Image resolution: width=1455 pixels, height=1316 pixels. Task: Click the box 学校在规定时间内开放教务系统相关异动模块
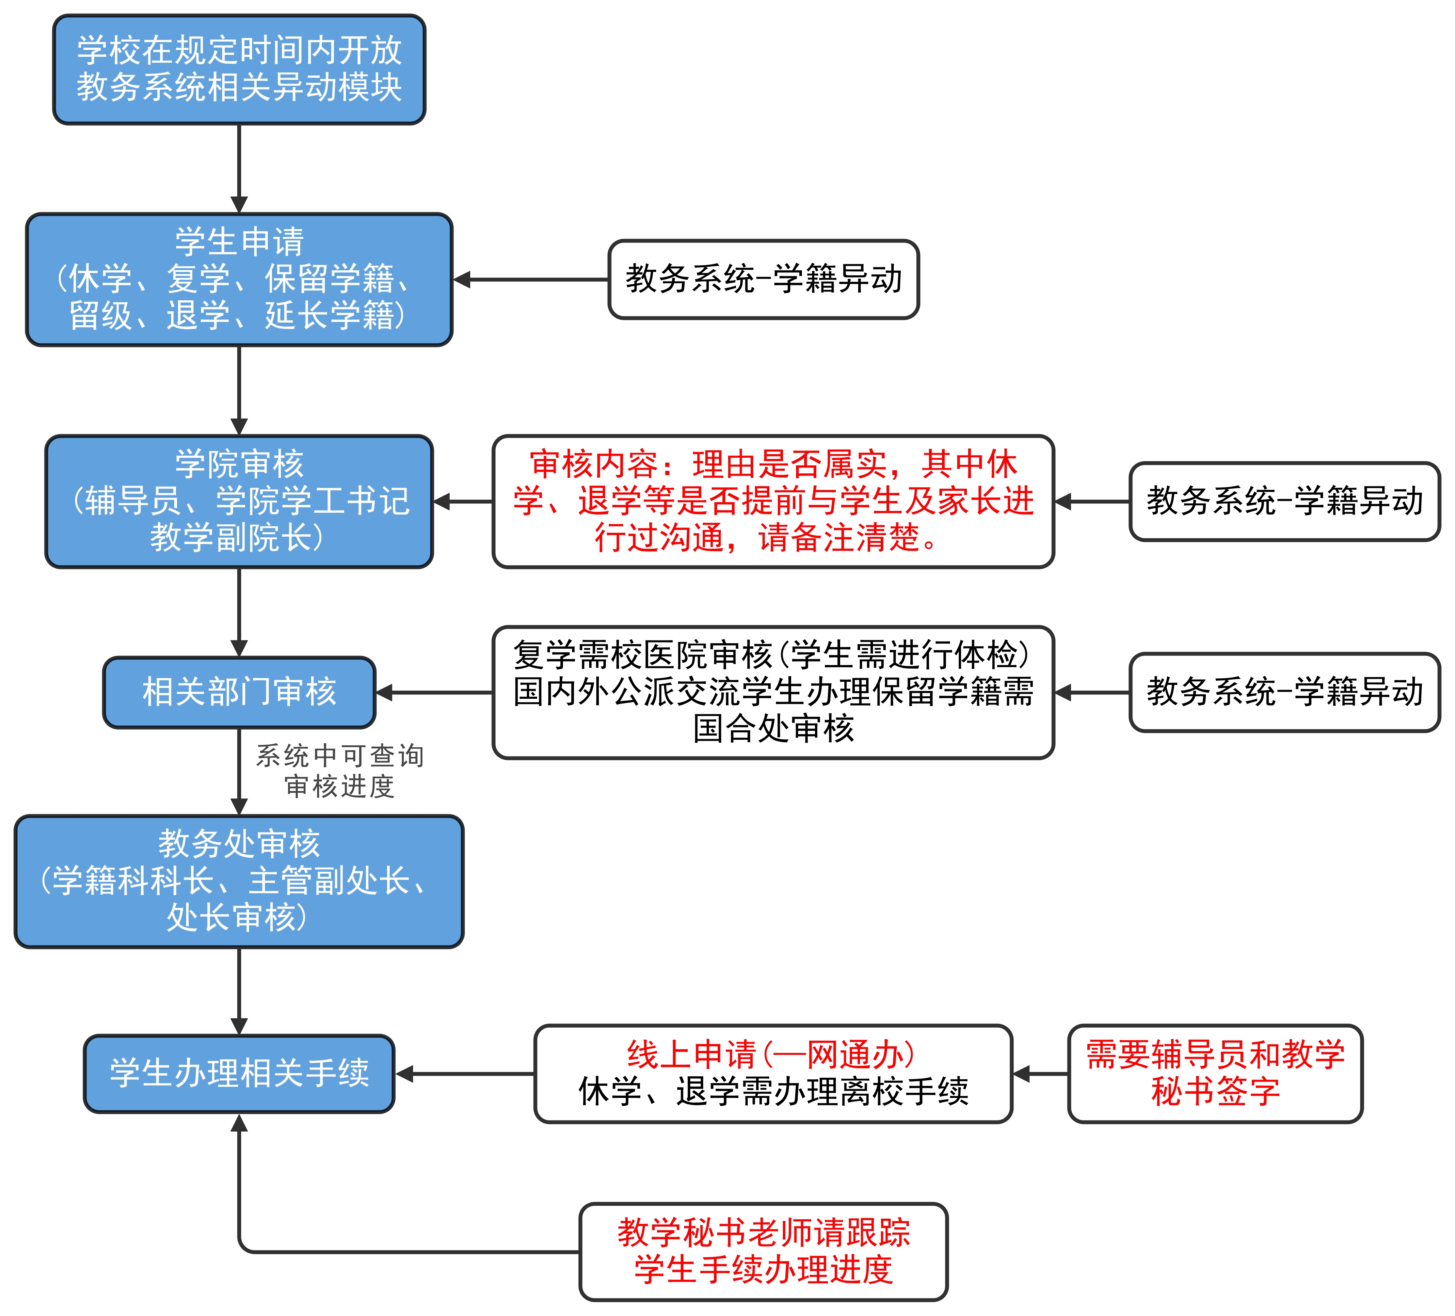coord(239,69)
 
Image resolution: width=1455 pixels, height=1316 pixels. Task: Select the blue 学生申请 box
coord(239,279)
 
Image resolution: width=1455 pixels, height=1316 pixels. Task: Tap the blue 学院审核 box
coord(239,501)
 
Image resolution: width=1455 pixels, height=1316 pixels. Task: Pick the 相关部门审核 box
coord(239,692)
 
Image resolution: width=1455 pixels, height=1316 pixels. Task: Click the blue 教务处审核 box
coord(239,881)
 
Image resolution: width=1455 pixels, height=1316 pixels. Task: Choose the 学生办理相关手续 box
coord(239,1073)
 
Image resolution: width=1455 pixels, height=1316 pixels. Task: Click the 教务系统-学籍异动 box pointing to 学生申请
coord(764,279)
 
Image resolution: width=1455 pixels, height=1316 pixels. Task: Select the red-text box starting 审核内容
coord(773,501)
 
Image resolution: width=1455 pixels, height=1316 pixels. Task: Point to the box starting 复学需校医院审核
coord(773,692)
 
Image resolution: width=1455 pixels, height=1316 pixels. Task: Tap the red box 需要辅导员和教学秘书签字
coord(1215,1073)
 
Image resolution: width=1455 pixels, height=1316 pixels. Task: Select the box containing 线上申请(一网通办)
coord(773,1073)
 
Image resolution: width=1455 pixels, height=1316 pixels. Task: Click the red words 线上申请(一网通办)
coord(771,1055)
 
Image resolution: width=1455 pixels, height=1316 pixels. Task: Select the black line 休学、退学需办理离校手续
coord(773,1092)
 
